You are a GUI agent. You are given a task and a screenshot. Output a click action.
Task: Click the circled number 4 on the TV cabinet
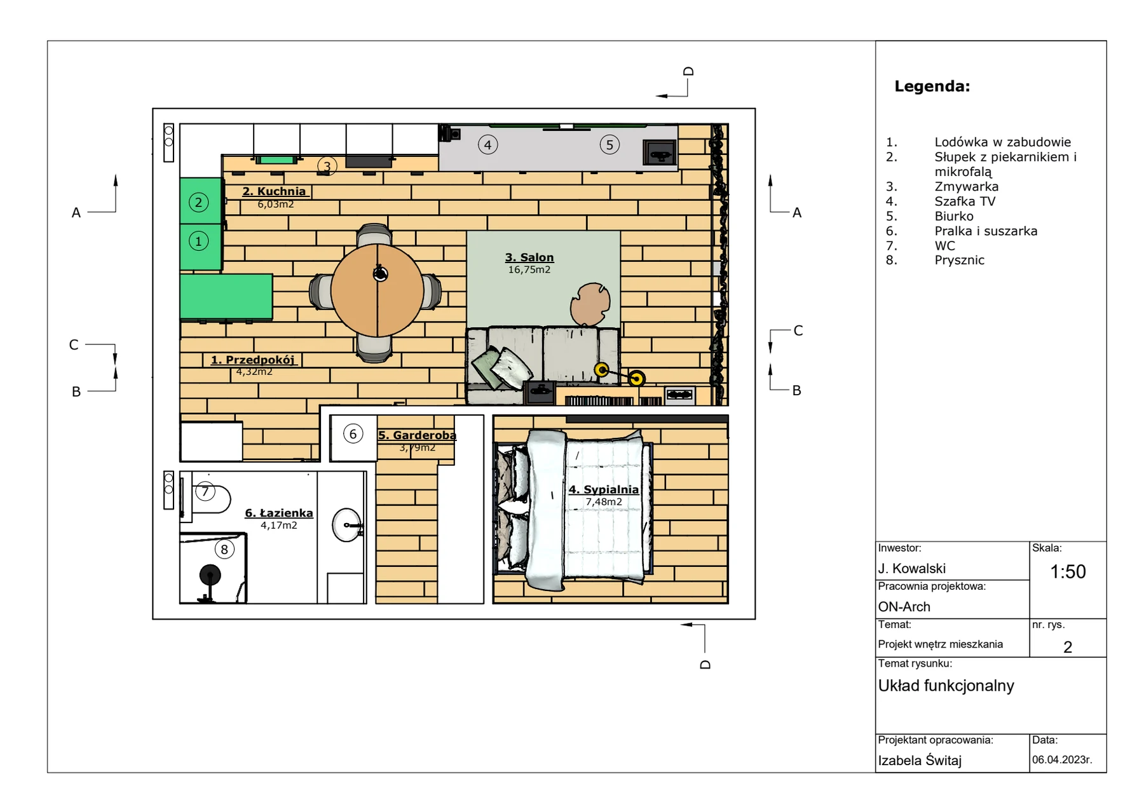pos(487,145)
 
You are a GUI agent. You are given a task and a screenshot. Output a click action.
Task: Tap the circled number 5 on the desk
pos(609,145)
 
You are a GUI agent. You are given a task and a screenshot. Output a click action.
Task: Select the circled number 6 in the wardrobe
pos(353,434)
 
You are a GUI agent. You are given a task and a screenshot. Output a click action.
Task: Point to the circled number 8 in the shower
pos(224,549)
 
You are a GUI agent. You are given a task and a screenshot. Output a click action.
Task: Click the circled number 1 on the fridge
pos(199,241)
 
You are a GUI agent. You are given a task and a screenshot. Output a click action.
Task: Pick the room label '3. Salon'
pos(529,257)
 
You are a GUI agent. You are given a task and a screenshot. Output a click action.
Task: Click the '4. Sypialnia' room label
pos(603,489)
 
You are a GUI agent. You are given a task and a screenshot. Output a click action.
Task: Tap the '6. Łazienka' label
pos(279,513)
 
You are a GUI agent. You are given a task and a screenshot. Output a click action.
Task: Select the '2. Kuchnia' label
pos(274,191)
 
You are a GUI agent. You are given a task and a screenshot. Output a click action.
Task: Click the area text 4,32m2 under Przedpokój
pos(254,372)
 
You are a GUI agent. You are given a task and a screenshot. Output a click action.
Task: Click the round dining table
pos(378,290)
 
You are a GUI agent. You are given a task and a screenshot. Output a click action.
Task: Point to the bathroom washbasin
pos(347,525)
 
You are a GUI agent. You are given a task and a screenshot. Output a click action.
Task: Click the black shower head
pos(210,575)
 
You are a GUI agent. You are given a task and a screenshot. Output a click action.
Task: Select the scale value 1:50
pos(1068,572)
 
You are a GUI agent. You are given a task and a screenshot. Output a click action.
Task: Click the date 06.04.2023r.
pos(1062,759)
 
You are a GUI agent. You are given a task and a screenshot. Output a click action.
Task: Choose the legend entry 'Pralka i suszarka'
pos(986,231)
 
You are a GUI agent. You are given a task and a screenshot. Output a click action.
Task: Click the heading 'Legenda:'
pos(932,86)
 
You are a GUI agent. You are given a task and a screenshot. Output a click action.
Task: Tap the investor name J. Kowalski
pos(912,569)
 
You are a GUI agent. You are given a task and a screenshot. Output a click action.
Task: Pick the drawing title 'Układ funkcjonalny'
pos(946,686)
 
